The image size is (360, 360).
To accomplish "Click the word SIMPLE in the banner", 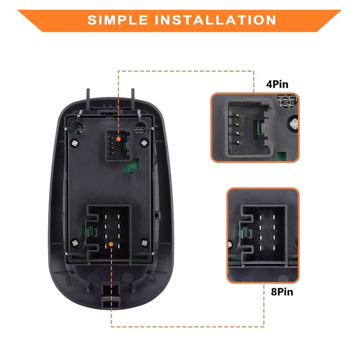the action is tap(117, 20).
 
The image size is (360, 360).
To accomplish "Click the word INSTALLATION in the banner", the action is tap(216, 20).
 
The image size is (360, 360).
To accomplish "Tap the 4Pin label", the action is tap(277, 84).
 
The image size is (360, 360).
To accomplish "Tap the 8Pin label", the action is tap(282, 292).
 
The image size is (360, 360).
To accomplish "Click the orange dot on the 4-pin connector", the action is tap(118, 139).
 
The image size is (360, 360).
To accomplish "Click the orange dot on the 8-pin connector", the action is tap(111, 244).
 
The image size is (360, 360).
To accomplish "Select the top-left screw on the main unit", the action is tap(75, 143).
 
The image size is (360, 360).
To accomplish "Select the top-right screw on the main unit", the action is tap(144, 143).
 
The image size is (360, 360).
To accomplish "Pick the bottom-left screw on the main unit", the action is tap(75, 243).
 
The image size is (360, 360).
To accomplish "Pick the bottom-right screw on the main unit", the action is tap(144, 243).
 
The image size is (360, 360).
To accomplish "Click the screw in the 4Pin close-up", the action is tap(294, 124).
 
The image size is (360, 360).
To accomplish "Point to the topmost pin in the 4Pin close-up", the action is tap(238, 116).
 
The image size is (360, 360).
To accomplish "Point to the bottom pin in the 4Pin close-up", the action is tap(238, 143).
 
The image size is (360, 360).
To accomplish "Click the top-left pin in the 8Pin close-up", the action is tap(261, 217).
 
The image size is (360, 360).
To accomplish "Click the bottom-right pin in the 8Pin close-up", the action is tap(274, 248).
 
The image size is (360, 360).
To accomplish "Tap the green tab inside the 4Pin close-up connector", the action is tap(257, 129).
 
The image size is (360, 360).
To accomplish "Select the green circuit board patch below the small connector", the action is tap(131, 166).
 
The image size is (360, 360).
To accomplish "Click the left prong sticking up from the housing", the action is tap(88, 99).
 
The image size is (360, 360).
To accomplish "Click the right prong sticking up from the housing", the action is tap(133, 99).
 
